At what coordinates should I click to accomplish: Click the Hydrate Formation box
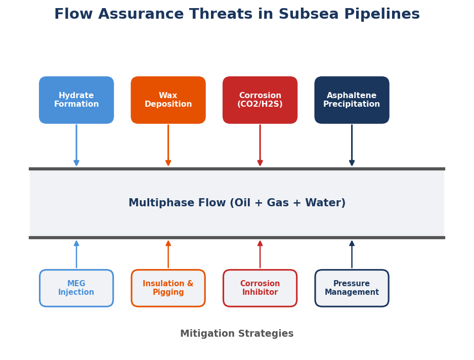click(x=76, y=100)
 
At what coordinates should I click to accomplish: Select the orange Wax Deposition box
click(x=168, y=100)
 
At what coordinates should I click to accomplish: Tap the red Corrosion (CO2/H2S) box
click(x=260, y=100)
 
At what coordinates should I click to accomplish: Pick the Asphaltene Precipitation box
click(x=352, y=100)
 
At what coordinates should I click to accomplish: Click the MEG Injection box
click(x=76, y=288)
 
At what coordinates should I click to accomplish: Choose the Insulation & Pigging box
click(x=168, y=288)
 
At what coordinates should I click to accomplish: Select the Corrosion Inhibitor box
click(x=260, y=288)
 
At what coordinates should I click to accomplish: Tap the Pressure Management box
click(x=352, y=288)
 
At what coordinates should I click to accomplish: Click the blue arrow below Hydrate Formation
click(x=76, y=146)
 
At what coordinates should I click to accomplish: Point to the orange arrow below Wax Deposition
click(x=168, y=146)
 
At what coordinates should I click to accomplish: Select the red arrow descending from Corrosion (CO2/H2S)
click(x=260, y=146)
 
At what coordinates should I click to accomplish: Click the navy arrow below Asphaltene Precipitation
click(x=352, y=146)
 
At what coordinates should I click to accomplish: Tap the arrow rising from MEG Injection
click(x=76, y=254)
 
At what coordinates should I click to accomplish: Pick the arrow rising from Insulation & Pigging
click(x=168, y=254)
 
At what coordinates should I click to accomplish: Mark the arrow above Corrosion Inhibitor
click(x=260, y=254)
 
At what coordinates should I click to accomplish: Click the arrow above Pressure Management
click(x=352, y=254)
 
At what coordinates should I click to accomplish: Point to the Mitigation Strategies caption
click(x=237, y=334)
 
